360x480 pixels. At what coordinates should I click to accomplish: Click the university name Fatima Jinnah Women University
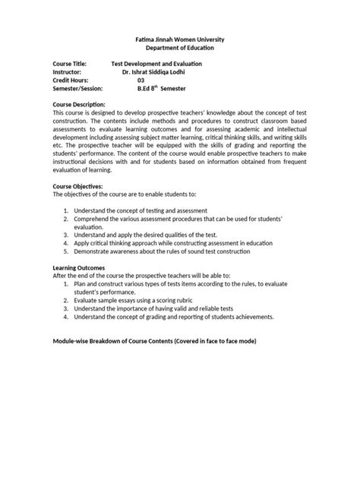180,38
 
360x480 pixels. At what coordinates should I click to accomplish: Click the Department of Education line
180,47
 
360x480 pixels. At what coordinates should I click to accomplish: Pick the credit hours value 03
141,80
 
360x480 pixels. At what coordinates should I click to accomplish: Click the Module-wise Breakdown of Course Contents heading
154,341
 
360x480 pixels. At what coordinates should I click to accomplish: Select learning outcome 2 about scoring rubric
133,299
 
